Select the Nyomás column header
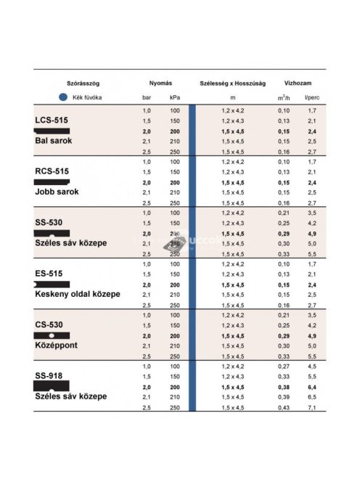pos(160,83)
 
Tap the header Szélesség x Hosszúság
pos(232,83)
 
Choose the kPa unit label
pos(174,97)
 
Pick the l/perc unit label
pos(311,97)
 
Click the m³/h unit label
pos(282,97)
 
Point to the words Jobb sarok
pos(57,192)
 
